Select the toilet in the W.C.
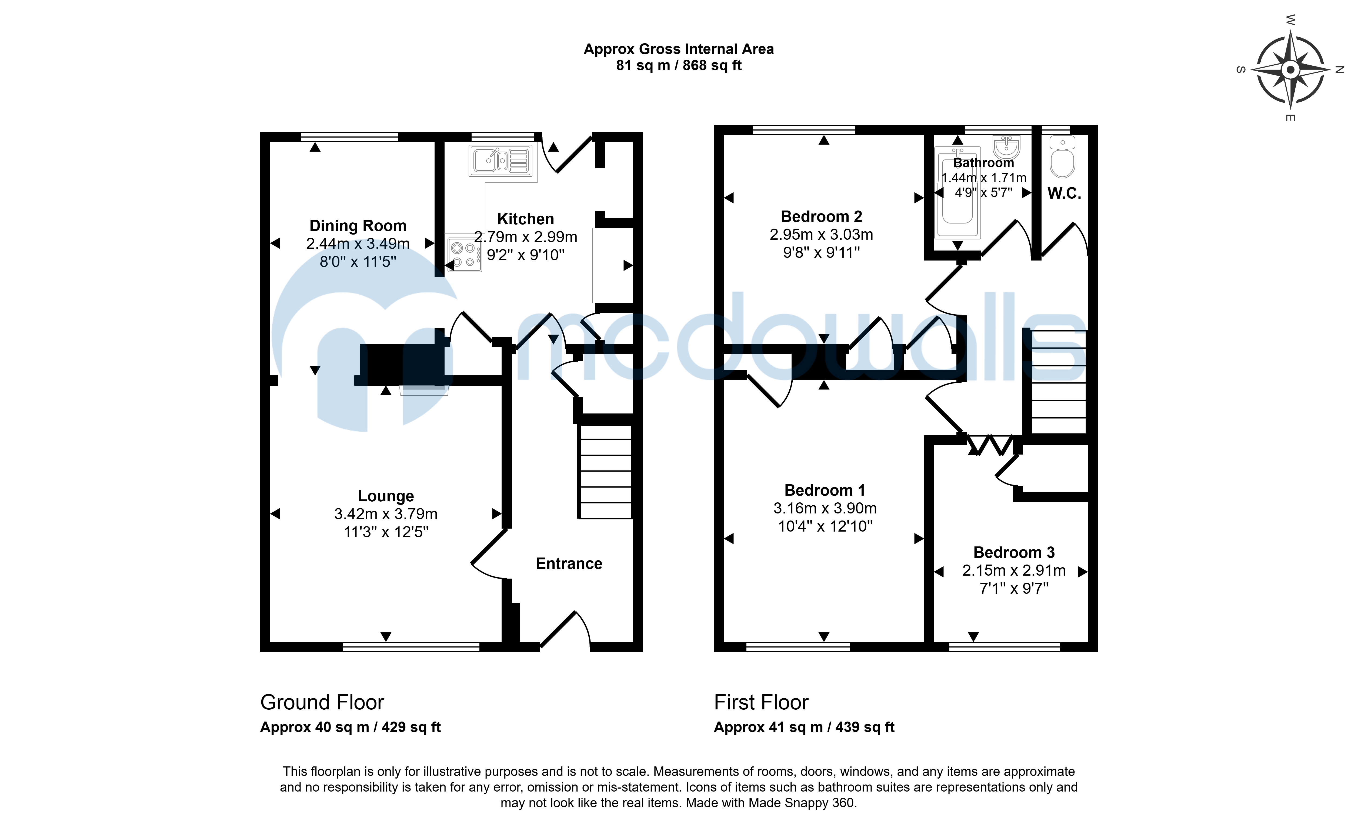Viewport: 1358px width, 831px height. pos(1062,157)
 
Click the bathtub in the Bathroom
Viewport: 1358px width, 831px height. pos(957,192)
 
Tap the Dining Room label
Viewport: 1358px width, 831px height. pos(358,226)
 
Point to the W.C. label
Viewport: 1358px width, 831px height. pos(1064,193)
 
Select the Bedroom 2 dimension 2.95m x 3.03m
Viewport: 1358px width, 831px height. pos(821,235)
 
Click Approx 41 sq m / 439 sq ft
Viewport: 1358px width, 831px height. pos(804,727)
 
